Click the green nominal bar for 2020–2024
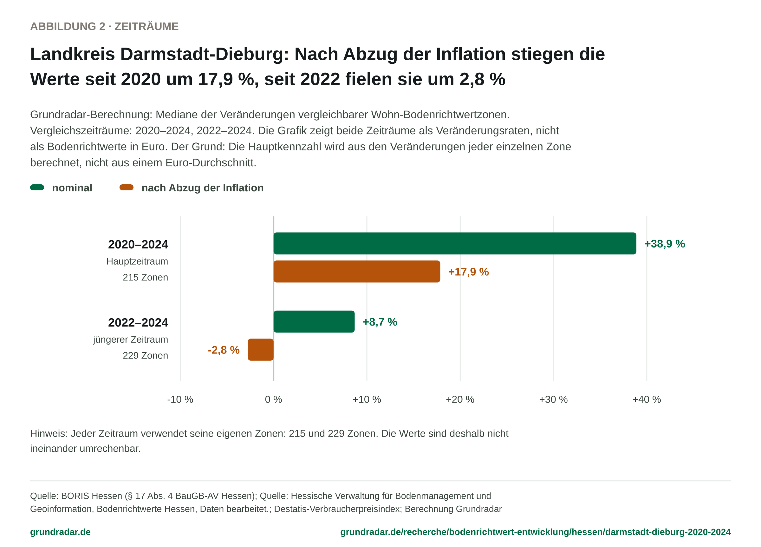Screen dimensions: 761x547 point(455,243)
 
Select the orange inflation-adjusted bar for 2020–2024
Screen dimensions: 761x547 point(357,271)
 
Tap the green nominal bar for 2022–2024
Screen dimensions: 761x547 point(314,322)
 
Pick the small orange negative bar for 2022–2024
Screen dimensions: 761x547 point(261,350)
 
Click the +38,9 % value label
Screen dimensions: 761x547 point(665,244)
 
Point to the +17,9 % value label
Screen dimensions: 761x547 point(468,272)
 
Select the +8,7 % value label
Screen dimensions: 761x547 point(380,322)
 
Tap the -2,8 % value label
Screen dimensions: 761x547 point(224,350)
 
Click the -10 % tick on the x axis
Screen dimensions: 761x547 point(180,399)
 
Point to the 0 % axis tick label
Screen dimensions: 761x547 point(273,399)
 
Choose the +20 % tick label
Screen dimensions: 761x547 point(460,399)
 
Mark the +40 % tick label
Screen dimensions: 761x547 point(647,399)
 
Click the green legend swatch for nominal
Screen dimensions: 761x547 point(37,188)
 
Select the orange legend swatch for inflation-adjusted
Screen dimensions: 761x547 point(127,188)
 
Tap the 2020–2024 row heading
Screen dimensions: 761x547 point(138,244)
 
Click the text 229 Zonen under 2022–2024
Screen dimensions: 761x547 point(145,355)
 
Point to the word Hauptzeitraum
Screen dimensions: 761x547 point(137,261)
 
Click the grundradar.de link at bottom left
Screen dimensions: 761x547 point(60,532)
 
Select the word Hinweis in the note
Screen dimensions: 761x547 point(49,433)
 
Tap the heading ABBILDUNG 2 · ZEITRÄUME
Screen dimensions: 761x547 point(104,26)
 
